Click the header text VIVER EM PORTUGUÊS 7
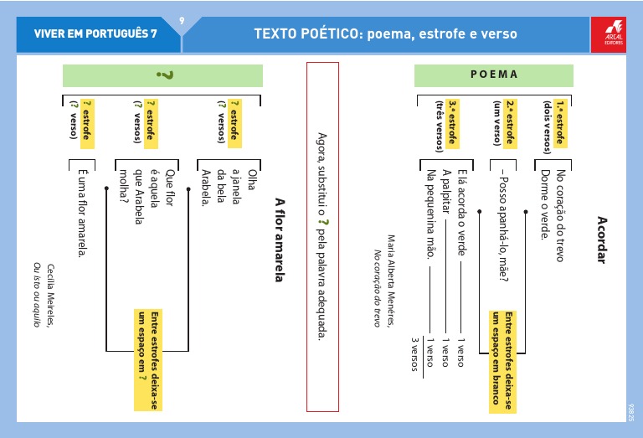[95, 34]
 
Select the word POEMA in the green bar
[494, 75]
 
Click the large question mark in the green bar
[165, 75]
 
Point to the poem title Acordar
[600, 239]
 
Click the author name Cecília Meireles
[50, 296]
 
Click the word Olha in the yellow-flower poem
[251, 182]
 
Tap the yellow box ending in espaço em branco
[500, 360]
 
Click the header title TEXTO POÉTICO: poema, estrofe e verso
[385, 34]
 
